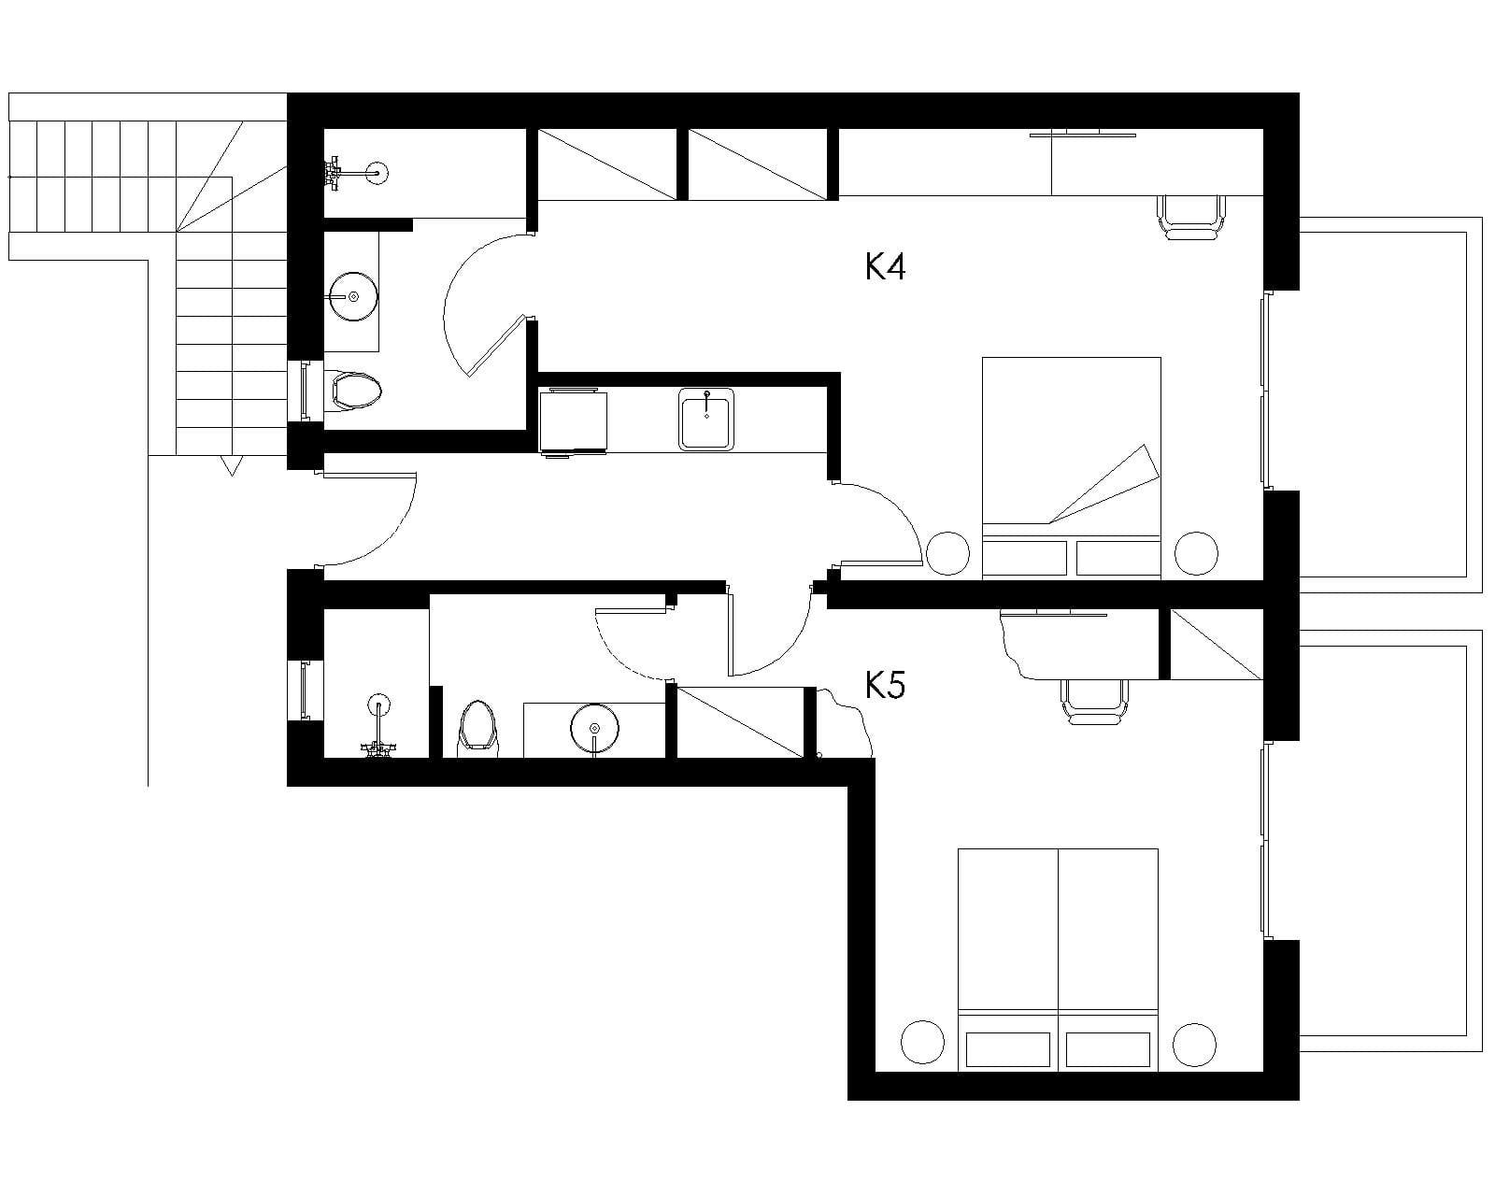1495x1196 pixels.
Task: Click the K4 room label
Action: [885, 266]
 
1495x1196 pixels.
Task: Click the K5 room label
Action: [885, 685]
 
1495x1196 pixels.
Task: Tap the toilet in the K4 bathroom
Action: [353, 391]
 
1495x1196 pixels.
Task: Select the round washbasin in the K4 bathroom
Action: [353, 297]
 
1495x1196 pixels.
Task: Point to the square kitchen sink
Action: [706, 420]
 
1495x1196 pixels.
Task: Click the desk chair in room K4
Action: [1191, 218]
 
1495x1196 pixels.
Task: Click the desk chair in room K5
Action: [1094, 702]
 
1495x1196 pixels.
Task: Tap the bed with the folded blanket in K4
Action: [1071, 468]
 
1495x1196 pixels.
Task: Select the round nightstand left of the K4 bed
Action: [947, 553]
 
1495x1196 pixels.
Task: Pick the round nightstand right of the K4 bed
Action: [1196, 553]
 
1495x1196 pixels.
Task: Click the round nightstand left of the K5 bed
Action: [922, 1043]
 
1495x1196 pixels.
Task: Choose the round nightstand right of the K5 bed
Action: [1195, 1045]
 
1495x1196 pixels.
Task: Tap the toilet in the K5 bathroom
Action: [477, 728]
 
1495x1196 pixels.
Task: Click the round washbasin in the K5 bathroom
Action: [594, 728]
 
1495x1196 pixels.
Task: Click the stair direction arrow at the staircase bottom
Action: [232, 465]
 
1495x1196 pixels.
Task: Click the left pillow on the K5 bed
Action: [1008, 1048]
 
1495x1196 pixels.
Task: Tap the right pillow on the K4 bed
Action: [1118, 558]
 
